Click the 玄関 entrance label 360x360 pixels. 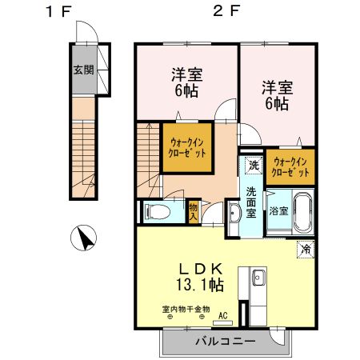click(84, 70)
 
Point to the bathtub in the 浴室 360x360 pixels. click(302, 212)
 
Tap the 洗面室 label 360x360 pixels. click(251, 203)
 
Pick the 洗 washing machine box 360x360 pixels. click(252, 166)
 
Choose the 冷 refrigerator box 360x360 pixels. click(306, 249)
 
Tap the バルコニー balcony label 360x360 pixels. click(226, 342)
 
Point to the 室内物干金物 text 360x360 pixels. click(183, 308)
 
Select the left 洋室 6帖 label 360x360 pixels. click(187, 82)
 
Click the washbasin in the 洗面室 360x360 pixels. click(234, 214)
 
